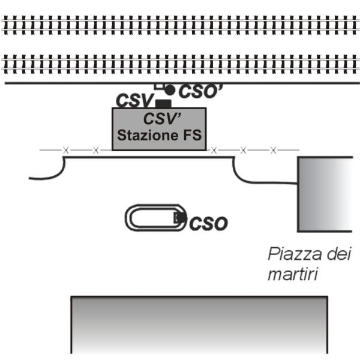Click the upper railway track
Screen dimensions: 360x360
(x=180, y=25)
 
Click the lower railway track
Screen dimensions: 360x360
(x=180, y=64)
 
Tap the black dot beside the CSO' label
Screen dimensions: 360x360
(x=170, y=90)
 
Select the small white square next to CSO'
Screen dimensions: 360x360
(x=158, y=86)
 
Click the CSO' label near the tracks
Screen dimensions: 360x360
(x=200, y=91)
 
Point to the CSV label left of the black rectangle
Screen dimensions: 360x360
(x=134, y=100)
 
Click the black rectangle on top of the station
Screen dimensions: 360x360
(x=163, y=104)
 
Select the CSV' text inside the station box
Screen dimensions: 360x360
(x=163, y=119)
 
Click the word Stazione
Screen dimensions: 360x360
(x=148, y=135)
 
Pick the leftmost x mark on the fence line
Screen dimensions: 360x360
(x=66, y=151)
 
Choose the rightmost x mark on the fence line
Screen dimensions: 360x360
(x=273, y=151)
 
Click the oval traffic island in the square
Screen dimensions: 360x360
(x=126, y=218)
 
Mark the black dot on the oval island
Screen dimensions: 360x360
(x=181, y=218)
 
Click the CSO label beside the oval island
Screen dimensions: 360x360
(x=208, y=223)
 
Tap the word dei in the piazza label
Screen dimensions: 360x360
(x=339, y=254)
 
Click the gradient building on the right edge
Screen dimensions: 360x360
(x=325, y=194)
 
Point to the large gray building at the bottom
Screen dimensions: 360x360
(x=199, y=325)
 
